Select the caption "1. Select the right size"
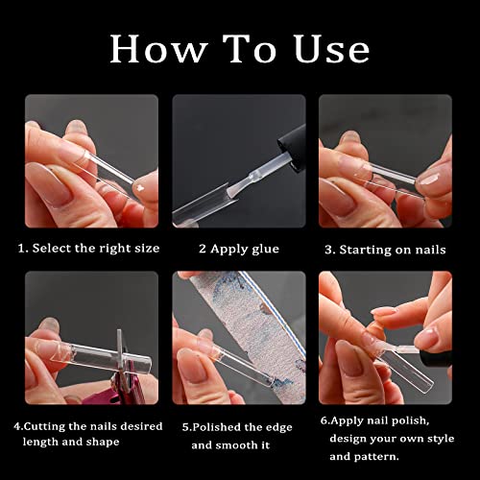(x=88, y=249)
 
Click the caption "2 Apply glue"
(x=239, y=249)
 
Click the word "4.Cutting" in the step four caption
(x=47, y=425)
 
